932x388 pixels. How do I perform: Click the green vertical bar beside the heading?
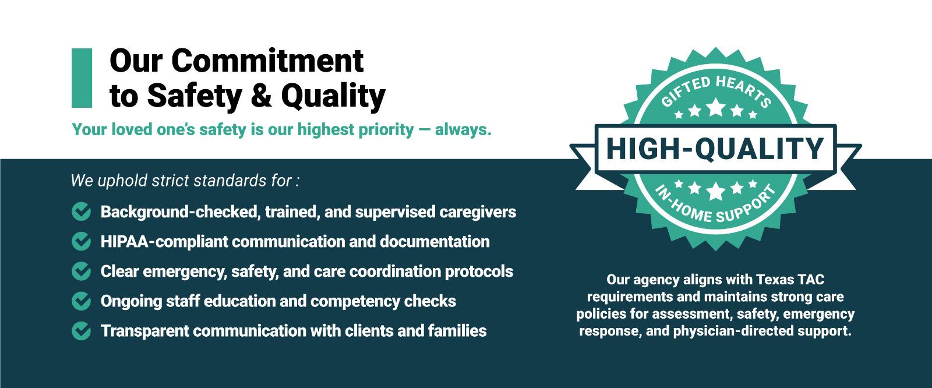pos(82,78)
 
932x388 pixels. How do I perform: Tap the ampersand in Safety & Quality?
pos(261,96)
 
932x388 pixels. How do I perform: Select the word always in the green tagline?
pos(463,129)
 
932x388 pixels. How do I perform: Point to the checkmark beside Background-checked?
pos(81,211)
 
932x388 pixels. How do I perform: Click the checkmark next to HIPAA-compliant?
pos(81,241)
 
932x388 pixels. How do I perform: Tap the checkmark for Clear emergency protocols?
pos(81,271)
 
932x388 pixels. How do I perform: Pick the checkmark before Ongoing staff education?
pos(81,301)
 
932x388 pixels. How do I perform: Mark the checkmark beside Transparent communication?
pos(81,331)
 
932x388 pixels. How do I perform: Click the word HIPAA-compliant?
pos(164,242)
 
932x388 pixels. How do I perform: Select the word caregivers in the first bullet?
pos(478,212)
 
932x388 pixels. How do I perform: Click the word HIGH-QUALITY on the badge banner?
pos(715,149)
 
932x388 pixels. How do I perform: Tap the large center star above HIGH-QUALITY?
pos(716,107)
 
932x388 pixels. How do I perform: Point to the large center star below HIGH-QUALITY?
pos(716,191)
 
